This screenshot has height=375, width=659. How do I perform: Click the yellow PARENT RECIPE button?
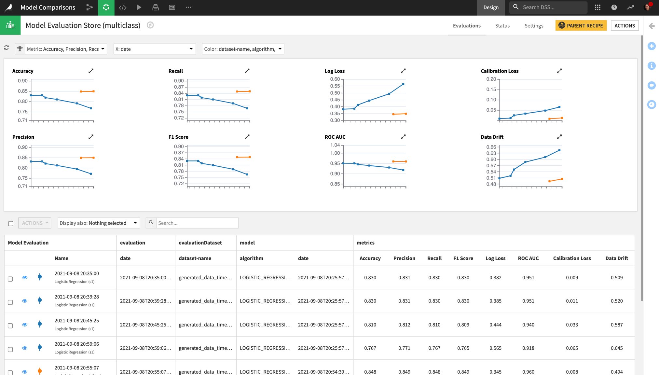pyautogui.click(x=581, y=26)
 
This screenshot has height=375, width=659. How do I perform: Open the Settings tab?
pyautogui.click(x=534, y=26)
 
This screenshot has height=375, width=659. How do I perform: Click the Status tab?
pyautogui.click(x=502, y=26)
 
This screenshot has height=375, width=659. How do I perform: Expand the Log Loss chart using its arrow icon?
pyautogui.click(x=403, y=71)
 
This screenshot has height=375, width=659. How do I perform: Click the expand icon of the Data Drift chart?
pyautogui.click(x=559, y=137)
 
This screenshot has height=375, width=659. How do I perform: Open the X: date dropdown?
pyautogui.click(x=154, y=49)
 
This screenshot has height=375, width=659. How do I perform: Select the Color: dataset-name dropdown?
pyautogui.click(x=243, y=49)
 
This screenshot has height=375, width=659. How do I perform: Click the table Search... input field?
pyautogui.click(x=197, y=223)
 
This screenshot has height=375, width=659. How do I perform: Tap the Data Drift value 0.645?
pyautogui.click(x=616, y=348)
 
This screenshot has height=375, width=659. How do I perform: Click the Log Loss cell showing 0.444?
pyautogui.click(x=495, y=325)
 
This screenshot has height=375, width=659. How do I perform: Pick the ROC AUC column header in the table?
pyautogui.click(x=528, y=258)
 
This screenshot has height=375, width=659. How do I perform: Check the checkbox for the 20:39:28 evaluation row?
pyautogui.click(x=10, y=302)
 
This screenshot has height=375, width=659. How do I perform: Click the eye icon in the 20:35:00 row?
pyautogui.click(x=25, y=278)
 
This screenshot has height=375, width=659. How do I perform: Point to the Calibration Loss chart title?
pyautogui.click(x=500, y=71)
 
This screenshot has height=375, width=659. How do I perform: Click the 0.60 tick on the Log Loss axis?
pyautogui.click(x=335, y=79)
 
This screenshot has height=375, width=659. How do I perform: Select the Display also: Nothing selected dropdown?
pyautogui.click(x=99, y=223)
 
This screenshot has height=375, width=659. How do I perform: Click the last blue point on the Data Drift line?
pyautogui.click(x=559, y=150)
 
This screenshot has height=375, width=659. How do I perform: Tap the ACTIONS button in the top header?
pyautogui.click(x=624, y=26)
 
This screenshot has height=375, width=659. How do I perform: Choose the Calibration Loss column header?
pyautogui.click(x=572, y=258)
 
